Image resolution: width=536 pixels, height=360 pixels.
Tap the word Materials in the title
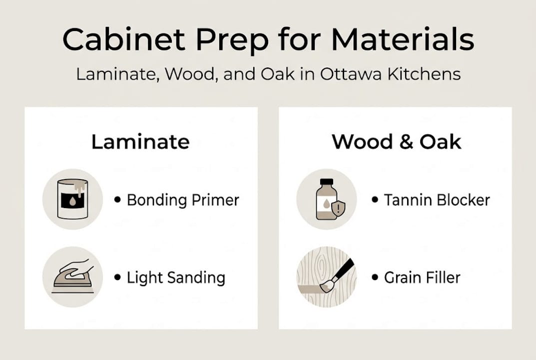402,40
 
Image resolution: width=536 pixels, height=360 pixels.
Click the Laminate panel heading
140,142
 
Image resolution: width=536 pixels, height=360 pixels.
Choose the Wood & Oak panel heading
397,142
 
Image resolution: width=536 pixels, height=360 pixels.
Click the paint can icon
72,199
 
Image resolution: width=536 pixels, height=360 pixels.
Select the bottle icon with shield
326,199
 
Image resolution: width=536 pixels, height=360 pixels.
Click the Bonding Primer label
183,200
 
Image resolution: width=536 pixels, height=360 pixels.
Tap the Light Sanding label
176,277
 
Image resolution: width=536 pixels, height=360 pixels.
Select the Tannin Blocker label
437,200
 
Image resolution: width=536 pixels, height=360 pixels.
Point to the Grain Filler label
422,277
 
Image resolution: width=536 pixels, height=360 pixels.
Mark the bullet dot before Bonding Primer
117,200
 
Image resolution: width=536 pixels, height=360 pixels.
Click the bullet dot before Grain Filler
375,277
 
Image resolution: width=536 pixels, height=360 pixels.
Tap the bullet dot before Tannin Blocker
375,200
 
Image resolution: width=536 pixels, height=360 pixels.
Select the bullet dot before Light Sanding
117,277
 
